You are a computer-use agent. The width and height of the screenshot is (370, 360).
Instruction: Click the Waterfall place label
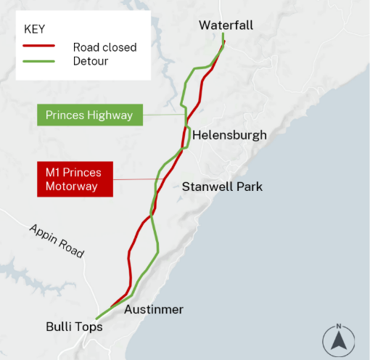[x=226, y=25]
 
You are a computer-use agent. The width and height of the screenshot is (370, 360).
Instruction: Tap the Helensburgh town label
[x=229, y=135]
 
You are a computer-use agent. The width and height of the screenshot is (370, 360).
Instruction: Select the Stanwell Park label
[x=222, y=187]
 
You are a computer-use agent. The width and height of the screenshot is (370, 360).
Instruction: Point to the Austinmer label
[x=154, y=310]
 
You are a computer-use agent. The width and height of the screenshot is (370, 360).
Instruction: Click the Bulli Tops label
[x=74, y=327]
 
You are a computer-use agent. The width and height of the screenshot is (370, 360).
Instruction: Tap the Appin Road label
[x=57, y=241]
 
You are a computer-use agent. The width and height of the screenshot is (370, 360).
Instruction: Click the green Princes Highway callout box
[x=89, y=115]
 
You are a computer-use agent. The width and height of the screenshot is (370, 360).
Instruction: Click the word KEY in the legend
[x=36, y=30]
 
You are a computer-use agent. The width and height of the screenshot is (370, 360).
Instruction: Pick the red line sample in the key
[x=39, y=47]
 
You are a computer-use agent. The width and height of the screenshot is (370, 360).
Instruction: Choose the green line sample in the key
[x=39, y=61]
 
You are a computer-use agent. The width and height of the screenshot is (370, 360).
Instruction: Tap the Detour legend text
[x=91, y=61]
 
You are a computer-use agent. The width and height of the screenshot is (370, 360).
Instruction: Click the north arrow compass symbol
[x=338, y=340]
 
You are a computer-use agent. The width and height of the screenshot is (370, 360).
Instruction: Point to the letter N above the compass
[x=338, y=325]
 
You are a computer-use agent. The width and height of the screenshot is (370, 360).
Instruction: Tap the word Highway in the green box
[x=111, y=115]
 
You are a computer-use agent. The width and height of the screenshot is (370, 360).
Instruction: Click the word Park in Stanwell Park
[x=250, y=187]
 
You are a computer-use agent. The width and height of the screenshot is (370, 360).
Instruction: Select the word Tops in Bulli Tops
[x=89, y=327]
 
